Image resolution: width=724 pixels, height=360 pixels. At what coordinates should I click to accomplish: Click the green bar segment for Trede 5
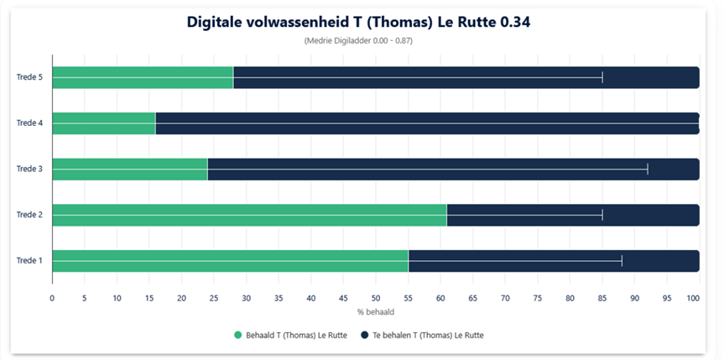pos(143,77)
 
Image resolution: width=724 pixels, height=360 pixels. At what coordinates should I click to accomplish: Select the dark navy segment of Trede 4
pos(426,123)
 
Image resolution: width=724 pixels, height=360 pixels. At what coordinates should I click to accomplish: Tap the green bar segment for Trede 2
pos(249,215)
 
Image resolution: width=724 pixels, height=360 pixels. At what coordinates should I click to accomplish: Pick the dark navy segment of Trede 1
pos(554,261)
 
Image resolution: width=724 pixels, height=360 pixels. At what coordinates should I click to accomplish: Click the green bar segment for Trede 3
pos(129,169)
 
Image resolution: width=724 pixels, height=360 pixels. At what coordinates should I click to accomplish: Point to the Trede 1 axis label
pos(30,261)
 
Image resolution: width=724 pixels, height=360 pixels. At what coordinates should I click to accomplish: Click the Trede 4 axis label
pos(30,123)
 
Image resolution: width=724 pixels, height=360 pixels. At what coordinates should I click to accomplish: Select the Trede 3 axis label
pos(30,169)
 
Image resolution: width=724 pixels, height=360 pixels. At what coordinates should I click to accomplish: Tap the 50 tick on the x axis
pos(376,298)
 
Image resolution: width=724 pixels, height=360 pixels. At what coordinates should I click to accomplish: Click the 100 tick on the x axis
pos(693,298)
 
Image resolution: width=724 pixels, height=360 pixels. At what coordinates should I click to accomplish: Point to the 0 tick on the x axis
pos(52,298)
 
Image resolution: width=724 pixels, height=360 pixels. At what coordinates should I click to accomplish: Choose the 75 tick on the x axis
pos(538,298)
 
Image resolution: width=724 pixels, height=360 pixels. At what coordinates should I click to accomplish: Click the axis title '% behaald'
pos(373,312)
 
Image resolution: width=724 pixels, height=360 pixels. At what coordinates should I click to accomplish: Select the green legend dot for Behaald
pos(238,335)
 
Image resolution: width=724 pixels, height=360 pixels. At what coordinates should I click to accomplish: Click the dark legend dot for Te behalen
pos(365,335)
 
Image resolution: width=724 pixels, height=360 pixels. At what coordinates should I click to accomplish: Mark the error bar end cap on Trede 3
pos(648,169)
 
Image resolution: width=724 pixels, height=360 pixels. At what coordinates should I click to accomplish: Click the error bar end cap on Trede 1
pos(622,261)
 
